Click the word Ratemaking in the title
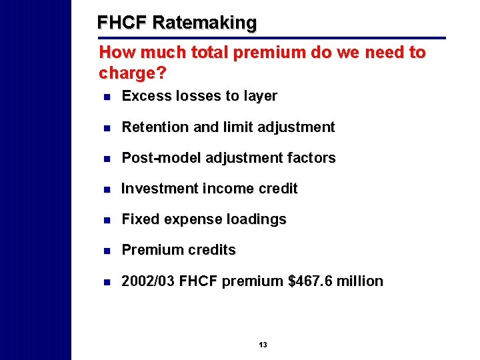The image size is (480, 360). pos(204,23)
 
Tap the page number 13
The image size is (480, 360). pos(263,345)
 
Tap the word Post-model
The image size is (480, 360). pos(162,158)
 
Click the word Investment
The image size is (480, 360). pos(159,189)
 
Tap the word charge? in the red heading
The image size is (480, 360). pos(132,71)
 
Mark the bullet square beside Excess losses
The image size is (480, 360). pos(106,97)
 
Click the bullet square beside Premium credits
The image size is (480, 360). pos(106,251)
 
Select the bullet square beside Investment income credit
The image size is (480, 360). pos(106,189)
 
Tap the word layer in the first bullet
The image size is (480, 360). pos(261,96)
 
